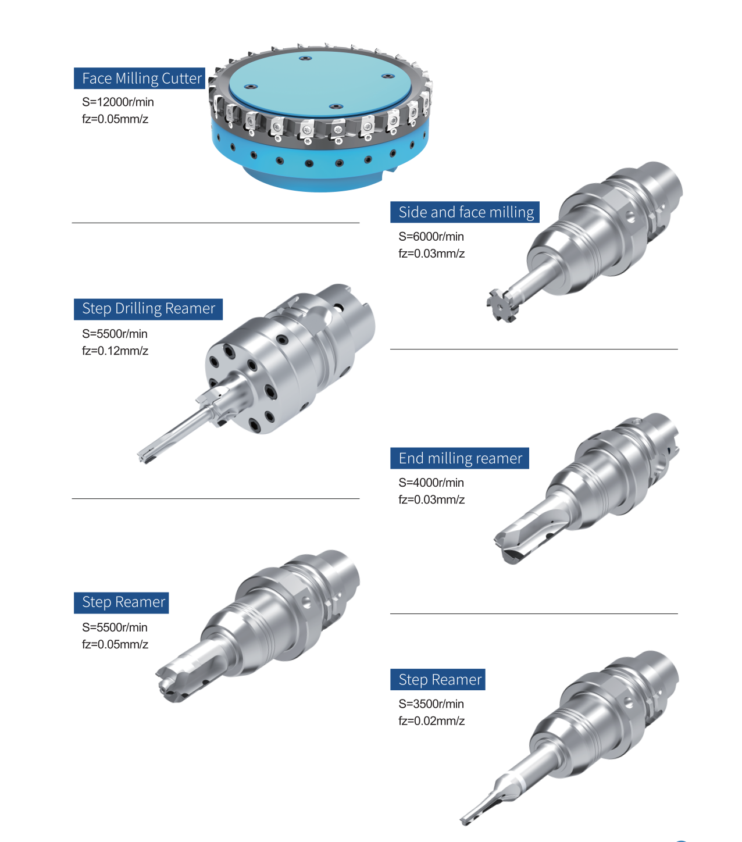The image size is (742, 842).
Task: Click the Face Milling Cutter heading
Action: (140, 78)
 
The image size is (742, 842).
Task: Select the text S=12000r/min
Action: (118, 102)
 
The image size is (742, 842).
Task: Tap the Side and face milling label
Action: (465, 212)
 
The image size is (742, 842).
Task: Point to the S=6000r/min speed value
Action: (431, 237)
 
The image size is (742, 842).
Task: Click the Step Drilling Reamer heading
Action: (148, 309)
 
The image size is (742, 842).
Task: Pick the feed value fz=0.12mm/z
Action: (115, 351)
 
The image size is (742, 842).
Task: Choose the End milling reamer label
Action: (460, 458)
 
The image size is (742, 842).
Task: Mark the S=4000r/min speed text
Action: (431, 483)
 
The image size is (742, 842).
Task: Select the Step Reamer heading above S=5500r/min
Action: (122, 602)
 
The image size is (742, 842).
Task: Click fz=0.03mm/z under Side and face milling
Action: (431, 254)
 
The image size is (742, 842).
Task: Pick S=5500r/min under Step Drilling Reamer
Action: (115, 334)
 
